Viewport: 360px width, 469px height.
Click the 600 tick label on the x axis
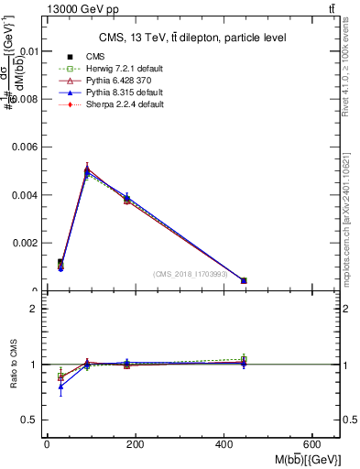(312, 444)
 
